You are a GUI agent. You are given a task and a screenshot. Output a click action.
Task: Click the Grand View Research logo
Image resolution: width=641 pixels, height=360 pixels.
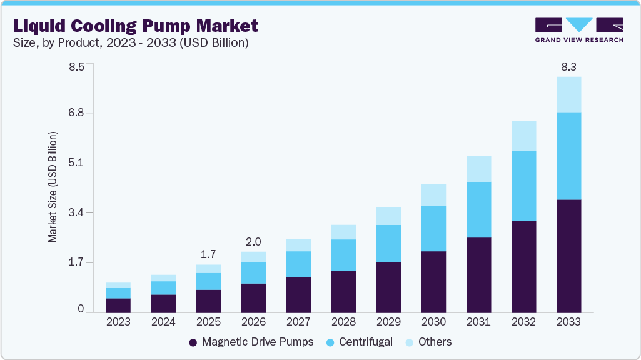tap(579, 29)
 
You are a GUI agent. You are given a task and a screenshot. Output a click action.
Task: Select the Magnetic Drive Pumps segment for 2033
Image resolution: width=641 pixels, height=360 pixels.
tap(568, 256)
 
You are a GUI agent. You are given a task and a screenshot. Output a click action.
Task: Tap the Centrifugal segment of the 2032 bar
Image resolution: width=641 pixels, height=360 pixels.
tap(523, 186)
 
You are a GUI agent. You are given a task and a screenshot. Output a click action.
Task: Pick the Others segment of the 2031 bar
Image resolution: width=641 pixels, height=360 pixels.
tap(478, 169)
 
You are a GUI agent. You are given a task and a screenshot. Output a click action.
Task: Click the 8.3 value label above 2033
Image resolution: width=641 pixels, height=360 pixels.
tap(568, 66)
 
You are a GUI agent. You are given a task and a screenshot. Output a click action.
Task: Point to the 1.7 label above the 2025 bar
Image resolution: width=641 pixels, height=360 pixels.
tap(208, 254)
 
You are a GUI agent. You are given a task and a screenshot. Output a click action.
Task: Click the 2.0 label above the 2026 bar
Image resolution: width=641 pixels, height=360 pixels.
tap(253, 242)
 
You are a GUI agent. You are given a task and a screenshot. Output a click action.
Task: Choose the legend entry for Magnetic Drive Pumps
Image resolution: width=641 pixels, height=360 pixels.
tap(251, 342)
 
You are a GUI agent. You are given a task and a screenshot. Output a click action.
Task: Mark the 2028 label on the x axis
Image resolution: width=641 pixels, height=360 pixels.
tap(343, 322)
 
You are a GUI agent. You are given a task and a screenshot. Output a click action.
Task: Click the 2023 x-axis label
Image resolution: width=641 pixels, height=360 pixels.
tap(118, 322)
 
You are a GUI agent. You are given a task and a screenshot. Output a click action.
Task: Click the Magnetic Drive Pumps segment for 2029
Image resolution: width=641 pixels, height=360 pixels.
tap(388, 287)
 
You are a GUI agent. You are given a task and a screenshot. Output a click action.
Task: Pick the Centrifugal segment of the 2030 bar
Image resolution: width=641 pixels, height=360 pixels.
tap(433, 229)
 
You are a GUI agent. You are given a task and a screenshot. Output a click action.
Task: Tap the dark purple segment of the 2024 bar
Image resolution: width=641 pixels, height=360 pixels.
tap(163, 304)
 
